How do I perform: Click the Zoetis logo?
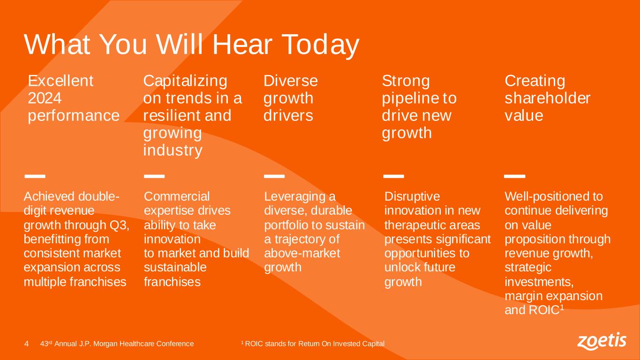tap(602, 341)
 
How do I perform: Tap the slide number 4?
tap(26, 344)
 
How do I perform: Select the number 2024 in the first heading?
tap(45, 98)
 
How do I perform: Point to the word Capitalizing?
tap(185, 82)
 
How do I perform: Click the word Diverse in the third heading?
tap(291, 81)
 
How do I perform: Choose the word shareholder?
tap(547, 98)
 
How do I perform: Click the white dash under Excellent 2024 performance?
tap(35, 176)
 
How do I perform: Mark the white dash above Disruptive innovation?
tap(393, 176)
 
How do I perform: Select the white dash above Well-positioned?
tap(514, 176)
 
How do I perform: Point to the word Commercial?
tap(177, 196)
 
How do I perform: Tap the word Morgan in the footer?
tap(105, 344)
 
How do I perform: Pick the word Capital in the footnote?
tap(373, 344)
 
